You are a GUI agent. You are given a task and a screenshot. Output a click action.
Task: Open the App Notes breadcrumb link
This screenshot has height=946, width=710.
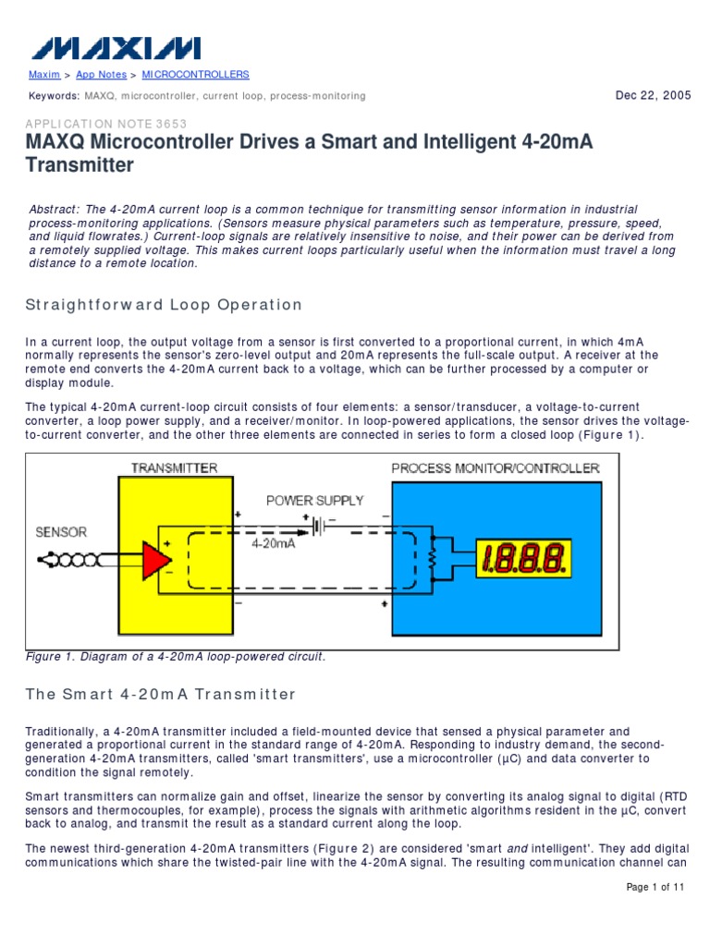click(x=97, y=75)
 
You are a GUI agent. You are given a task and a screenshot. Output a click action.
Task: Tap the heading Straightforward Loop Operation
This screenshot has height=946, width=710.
click(x=164, y=305)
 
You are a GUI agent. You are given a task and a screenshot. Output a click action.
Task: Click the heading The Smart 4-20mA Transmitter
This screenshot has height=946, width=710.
click(x=161, y=695)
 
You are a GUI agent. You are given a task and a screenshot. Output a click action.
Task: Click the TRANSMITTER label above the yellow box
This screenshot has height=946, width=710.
click(x=174, y=467)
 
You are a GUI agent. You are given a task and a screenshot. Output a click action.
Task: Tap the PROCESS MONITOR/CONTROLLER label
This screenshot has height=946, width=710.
click(x=496, y=467)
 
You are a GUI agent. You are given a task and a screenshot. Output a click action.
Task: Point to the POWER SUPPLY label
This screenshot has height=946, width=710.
click(x=315, y=501)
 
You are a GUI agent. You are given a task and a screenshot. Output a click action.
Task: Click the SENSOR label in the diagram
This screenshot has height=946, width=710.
click(x=61, y=532)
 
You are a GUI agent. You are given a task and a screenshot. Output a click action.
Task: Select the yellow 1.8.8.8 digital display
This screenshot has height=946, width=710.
click(x=522, y=559)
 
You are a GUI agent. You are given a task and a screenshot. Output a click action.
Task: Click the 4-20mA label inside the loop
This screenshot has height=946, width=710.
click(x=274, y=545)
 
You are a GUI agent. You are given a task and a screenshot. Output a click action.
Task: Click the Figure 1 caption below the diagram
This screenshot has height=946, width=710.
click(x=175, y=657)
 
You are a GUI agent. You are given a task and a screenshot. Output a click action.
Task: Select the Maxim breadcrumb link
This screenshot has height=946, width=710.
click(x=44, y=75)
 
